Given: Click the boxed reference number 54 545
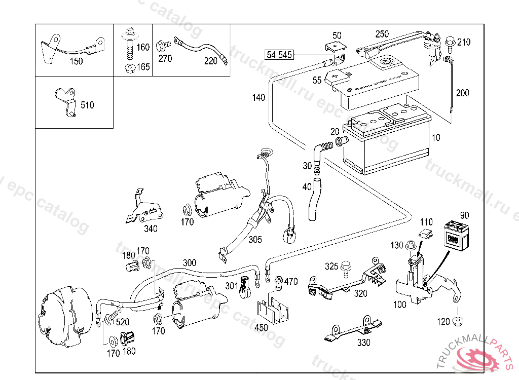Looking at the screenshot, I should click(279, 55).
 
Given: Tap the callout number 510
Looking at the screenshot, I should click(87, 105).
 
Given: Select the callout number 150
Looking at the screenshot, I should click(76, 61).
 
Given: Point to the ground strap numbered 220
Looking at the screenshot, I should click(200, 49).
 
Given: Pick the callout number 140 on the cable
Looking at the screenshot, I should click(258, 98).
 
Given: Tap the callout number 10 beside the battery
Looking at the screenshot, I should click(436, 138).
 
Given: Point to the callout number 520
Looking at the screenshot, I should click(122, 321).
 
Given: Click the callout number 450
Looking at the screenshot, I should click(261, 328).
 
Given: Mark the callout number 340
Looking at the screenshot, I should click(151, 229).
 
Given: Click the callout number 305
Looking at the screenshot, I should click(255, 240).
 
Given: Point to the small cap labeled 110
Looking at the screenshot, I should click(426, 234).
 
